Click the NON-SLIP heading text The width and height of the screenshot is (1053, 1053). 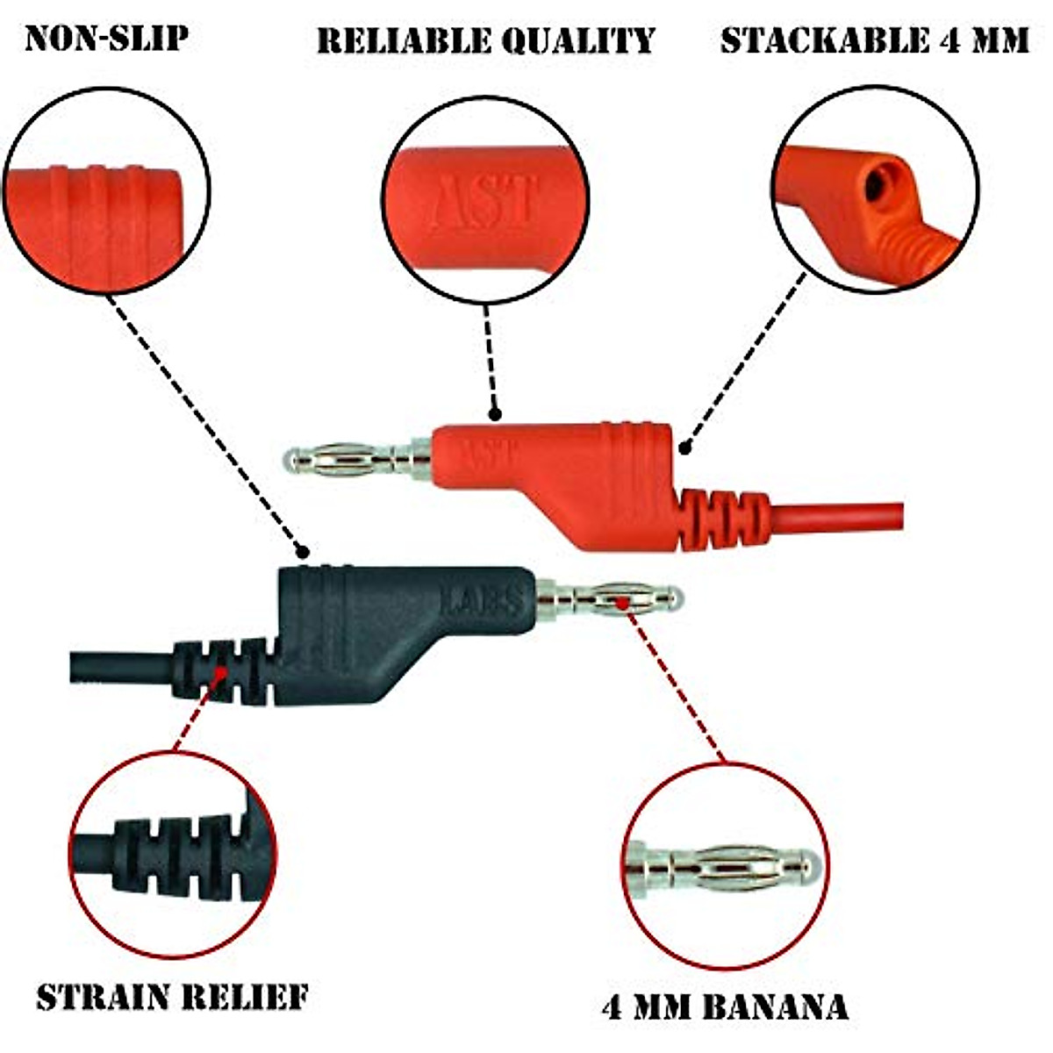106,39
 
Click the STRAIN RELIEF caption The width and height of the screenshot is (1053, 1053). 172,998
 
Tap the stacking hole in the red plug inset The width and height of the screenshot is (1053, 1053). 876,184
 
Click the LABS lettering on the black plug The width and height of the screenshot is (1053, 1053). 480,600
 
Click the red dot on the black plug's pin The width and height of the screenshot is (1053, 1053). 621,602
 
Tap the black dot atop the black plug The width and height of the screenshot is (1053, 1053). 302,552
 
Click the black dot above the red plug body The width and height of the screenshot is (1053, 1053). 495,412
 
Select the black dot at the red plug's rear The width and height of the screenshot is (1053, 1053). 684,448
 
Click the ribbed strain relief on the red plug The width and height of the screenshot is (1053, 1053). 720,518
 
